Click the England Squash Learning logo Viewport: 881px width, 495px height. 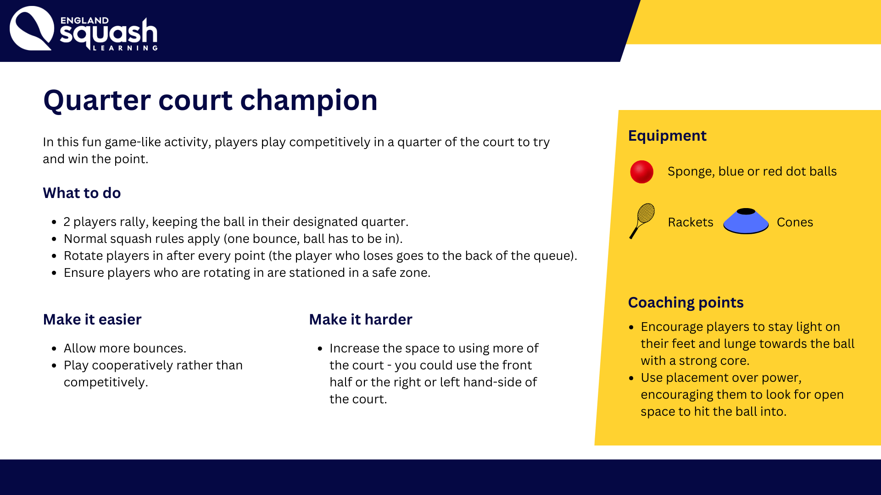click(x=84, y=28)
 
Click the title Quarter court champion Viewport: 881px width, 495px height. click(x=210, y=100)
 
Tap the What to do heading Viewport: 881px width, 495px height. click(x=82, y=193)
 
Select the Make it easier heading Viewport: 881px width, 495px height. click(x=92, y=319)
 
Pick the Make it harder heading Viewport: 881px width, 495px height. click(x=361, y=319)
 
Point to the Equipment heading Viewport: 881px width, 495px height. click(x=667, y=136)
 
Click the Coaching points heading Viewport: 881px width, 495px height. click(x=686, y=302)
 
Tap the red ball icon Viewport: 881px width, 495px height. click(x=641, y=172)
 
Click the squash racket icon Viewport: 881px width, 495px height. click(x=642, y=221)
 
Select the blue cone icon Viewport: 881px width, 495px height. click(x=746, y=221)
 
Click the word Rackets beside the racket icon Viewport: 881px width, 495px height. click(x=691, y=222)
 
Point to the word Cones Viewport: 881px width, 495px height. click(x=795, y=222)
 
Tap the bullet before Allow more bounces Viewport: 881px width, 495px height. click(x=54, y=349)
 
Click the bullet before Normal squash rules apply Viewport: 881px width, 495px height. click(x=54, y=239)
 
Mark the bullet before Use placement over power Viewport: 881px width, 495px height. click(x=631, y=378)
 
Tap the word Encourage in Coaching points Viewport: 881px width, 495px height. click(x=672, y=327)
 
